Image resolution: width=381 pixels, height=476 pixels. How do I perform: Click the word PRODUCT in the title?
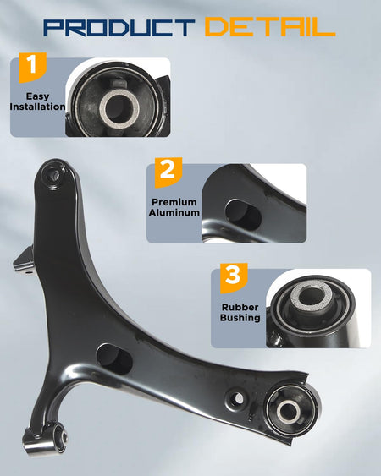tap(119, 27)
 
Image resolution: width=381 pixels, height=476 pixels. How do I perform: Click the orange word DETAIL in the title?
tap(270, 27)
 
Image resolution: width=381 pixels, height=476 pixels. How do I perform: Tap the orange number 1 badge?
tap(32, 67)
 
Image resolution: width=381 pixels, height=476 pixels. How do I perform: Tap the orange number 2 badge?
tap(168, 172)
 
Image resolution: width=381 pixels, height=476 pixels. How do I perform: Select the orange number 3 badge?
tap(233, 278)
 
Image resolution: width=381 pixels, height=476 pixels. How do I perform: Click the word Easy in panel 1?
tap(38, 96)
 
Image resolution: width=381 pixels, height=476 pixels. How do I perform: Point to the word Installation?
tap(37, 107)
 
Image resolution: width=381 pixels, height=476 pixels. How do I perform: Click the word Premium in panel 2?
tap(174, 202)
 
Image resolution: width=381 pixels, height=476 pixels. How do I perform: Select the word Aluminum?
tap(174, 212)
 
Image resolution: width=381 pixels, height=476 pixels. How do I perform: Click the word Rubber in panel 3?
tap(240, 307)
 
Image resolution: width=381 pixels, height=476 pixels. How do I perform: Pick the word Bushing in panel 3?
tap(240, 318)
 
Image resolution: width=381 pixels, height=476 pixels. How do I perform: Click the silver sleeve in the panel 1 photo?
tap(119, 108)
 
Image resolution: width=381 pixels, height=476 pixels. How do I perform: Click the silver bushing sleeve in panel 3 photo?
tap(312, 295)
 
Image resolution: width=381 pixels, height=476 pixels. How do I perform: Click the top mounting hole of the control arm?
tap(56, 175)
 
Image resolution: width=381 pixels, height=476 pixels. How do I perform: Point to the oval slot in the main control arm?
tap(114, 359)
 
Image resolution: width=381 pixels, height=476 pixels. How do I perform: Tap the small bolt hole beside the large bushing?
tap(238, 398)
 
